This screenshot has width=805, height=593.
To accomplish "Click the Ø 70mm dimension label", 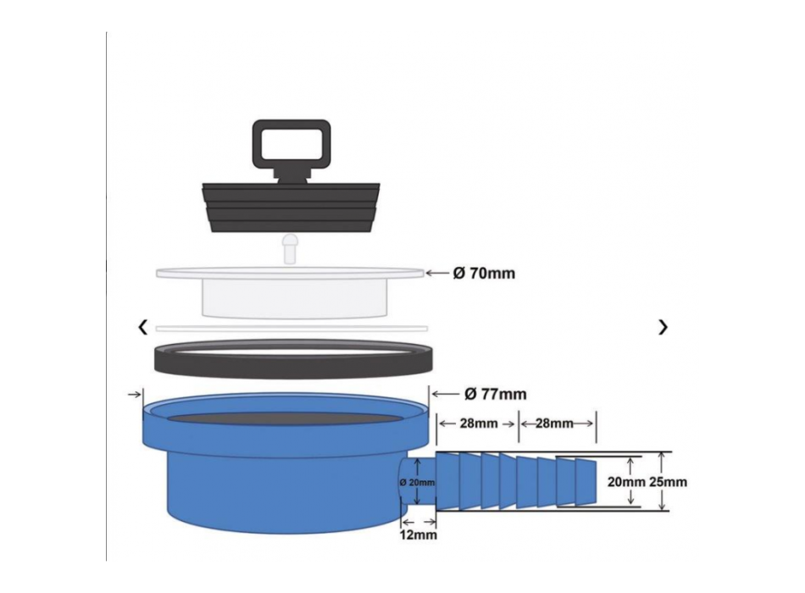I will pyautogui.click(x=484, y=274).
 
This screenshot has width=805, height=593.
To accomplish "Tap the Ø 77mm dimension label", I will pyautogui.click(x=496, y=394).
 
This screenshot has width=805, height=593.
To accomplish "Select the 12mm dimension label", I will pyautogui.click(x=419, y=535).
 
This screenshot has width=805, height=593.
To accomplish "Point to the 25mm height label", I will pyautogui.click(x=669, y=482).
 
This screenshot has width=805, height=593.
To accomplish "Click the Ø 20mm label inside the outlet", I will pyautogui.click(x=417, y=482).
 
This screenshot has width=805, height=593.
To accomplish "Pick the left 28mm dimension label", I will pyautogui.click(x=476, y=423).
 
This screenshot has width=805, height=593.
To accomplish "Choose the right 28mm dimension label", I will pyautogui.click(x=555, y=423).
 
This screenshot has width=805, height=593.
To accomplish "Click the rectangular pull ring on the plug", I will pyautogui.click(x=291, y=144).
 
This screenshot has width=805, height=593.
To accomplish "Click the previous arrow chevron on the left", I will pyautogui.click(x=143, y=327).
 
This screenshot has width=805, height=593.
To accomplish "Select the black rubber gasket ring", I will pyautogui.click(x=291, y=357).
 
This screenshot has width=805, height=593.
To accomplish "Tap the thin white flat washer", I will pyautogui.click(x=291, y=328).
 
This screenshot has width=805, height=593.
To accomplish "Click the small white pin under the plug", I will pyautogui.click(x=290, y=248).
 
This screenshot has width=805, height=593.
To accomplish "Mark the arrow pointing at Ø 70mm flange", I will pyautogui.click(x=436, y=274).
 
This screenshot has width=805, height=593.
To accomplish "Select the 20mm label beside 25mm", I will pyautogui.click(x=626, y=482).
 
